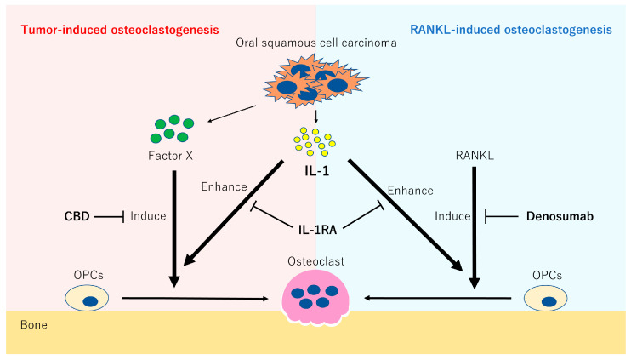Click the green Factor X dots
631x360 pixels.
point(171,129)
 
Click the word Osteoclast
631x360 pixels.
point(315,264)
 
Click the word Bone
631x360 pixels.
point(33,325)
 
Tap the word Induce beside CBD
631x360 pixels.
point(148,217)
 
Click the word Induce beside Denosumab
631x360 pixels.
point(452,217)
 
